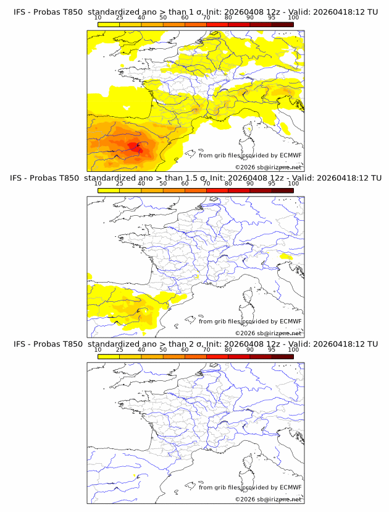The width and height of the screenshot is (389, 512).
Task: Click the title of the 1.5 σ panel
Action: click(194, 177)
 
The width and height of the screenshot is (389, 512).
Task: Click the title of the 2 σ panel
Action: click(194, 344)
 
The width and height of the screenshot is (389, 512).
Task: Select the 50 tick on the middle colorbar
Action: click(163, 184)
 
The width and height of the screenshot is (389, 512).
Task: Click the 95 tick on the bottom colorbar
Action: click(272, 350)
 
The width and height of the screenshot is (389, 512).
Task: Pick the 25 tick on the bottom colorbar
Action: click(119, 350)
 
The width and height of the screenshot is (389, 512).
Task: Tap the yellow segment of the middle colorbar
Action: click(108, 190)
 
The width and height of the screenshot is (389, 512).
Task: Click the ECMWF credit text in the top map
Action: click(250, 155)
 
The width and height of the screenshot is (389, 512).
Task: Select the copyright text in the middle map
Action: click(268, 333)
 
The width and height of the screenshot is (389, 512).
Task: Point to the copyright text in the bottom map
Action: click(268, 499)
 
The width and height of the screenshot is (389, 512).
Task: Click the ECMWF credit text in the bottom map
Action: click(250, 487)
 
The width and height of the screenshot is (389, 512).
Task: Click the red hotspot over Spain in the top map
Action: click(134, 147)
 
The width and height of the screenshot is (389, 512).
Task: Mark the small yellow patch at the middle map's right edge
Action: click(286, 256)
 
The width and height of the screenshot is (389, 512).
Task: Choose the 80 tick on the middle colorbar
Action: click(228, 184)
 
